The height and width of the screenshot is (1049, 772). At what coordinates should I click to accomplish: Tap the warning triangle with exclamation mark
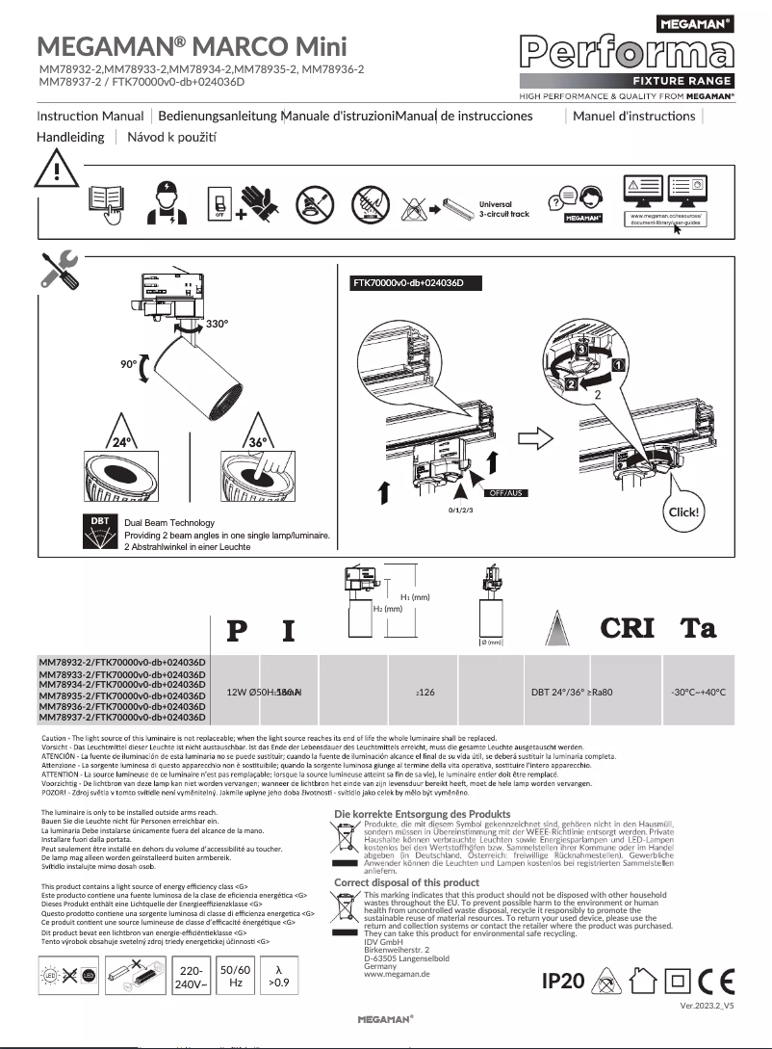pyautogui.click(x=56, y=173)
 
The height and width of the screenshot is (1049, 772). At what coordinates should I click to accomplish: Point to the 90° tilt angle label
pyautogui.click(x=129, y=365)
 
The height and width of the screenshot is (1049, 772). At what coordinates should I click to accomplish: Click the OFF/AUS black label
pyautogui.click(x=507, y=492)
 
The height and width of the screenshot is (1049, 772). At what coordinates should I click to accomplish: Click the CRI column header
pyautogui.click(x=628, y=628)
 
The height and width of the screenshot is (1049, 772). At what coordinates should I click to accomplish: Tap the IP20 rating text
pyautogui.click(x=563, y=981)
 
